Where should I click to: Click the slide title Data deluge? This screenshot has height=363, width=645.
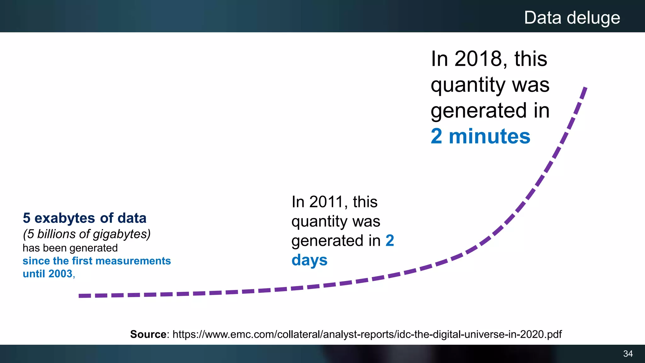(x=572, y=18)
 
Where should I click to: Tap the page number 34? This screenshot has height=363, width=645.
(x=628, y=354)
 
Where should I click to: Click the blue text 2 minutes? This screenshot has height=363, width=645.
(x=480, y=136)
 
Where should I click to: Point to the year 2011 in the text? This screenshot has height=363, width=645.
(x=326, y=202)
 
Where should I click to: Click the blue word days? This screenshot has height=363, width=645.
(x=309, y=260)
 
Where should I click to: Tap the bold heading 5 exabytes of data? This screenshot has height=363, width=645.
(x=84, y=218)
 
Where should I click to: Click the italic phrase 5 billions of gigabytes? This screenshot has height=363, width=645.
(x=87, y=234)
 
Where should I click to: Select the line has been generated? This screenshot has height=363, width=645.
(x=70, y=248)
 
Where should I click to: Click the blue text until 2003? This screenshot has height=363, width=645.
(x=48, y=274)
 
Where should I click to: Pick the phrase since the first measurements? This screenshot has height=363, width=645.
(x=96, y=261)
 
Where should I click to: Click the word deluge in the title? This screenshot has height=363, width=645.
(x=593, y=18)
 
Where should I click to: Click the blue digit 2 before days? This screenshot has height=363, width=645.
(x=390, y=241)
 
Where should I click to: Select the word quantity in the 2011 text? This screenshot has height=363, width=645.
(x=319, y=222)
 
